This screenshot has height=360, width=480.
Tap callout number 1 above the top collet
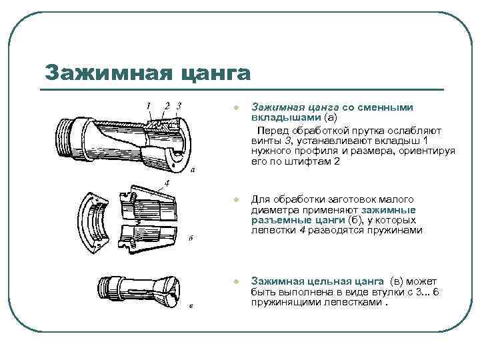[x=148, y=105]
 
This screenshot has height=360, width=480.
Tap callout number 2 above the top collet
[x=167, y=105]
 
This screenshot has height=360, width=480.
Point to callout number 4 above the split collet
[x=167, y=182]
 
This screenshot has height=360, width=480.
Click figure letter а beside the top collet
[x=193, y=170]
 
